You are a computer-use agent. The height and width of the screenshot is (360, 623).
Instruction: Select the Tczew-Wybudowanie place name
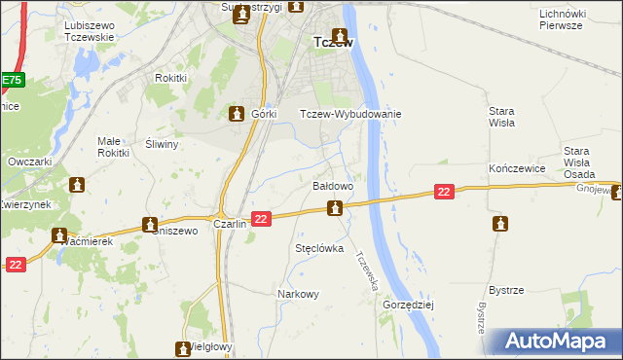[350, 114]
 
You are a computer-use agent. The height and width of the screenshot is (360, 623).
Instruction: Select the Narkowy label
[298, 294]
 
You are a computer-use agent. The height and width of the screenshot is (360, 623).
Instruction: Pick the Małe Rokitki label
[114, 147]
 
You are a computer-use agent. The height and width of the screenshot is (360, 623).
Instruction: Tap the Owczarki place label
[28, 162]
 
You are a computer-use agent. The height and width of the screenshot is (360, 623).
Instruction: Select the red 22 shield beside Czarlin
[260, 220]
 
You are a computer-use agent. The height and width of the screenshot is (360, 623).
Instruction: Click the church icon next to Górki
[236, 114]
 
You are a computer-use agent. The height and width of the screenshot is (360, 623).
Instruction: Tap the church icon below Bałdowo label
[335, 207]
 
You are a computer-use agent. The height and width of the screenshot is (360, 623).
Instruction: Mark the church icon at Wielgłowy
[182, 347]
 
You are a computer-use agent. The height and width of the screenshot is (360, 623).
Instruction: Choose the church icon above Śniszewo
[150, 224]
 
